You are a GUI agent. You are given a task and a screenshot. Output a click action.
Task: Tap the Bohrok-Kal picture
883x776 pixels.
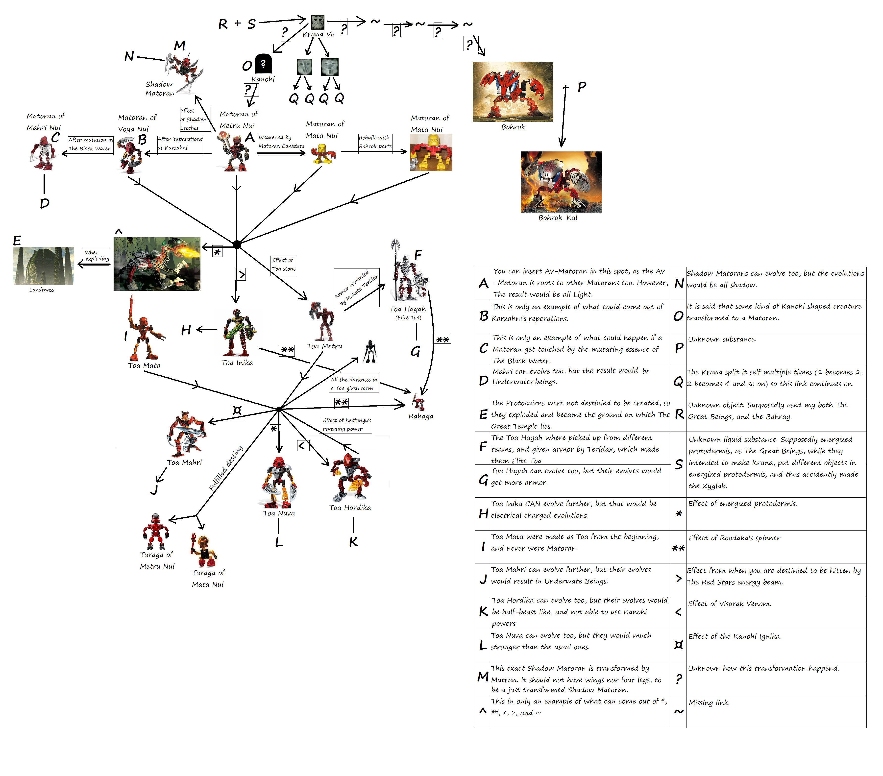click(x=561, y=182)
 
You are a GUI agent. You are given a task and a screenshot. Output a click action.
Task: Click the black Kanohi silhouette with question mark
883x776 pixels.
click(x=263, y=64)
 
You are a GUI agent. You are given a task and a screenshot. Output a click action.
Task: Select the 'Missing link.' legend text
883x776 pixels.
click(x=709, y=703)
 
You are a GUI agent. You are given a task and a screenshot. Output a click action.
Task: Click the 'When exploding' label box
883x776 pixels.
click(x=96, y=256)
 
